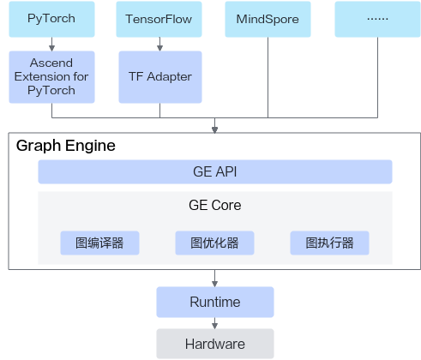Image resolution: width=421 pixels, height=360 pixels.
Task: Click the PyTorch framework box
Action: tap(51, 19)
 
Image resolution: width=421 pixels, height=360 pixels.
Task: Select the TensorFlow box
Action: tap(159, 19)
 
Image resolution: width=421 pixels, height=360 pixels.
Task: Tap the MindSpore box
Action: tap(268, 19)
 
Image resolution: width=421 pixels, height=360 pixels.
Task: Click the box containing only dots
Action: tap(377, 19)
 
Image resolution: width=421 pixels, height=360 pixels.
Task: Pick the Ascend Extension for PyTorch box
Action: tap(51, 77)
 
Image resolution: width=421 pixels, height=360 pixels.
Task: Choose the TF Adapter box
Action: tap(160, 77)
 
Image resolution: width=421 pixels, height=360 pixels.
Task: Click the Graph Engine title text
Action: tap(66, 146)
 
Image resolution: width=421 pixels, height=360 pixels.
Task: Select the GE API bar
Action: tap(215, 171)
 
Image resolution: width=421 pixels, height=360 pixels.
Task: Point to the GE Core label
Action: tap(215, 205)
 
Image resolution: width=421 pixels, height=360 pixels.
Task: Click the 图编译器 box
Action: tap(99, 243)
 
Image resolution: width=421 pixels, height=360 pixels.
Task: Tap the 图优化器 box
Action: tap(214, 243)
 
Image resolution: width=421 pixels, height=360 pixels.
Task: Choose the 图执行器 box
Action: tap(329, 243)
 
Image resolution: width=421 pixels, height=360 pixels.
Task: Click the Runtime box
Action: tap(215, 302)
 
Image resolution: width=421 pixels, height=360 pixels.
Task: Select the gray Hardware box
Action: tap(215, 344)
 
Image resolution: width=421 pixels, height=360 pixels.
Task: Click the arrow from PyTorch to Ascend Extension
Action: tap(51, 44)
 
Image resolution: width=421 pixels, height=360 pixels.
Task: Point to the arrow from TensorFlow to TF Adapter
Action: tap(159, 44)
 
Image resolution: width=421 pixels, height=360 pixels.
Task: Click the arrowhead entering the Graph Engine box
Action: tap(215, 129)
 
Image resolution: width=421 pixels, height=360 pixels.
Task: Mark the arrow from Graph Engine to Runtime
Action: tap(215, 279)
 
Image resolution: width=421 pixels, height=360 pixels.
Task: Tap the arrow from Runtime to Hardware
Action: tap(215, 323)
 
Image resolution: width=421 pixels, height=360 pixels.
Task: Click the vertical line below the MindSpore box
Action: tap(268, 77)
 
